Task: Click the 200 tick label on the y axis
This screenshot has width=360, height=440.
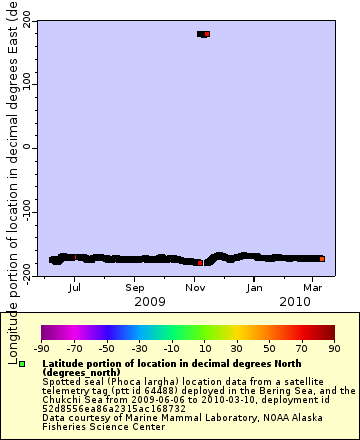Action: [x=27, y=21]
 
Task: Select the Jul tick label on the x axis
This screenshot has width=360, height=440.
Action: [x=74, y=287]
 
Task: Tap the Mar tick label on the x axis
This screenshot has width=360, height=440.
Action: [x=312, y=287]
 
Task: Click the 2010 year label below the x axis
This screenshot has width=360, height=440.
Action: [x=294, y=301]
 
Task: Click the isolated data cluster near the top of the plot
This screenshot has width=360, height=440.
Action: [x=203, y=34]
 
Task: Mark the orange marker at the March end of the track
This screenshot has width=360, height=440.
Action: [x=321, y=259]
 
